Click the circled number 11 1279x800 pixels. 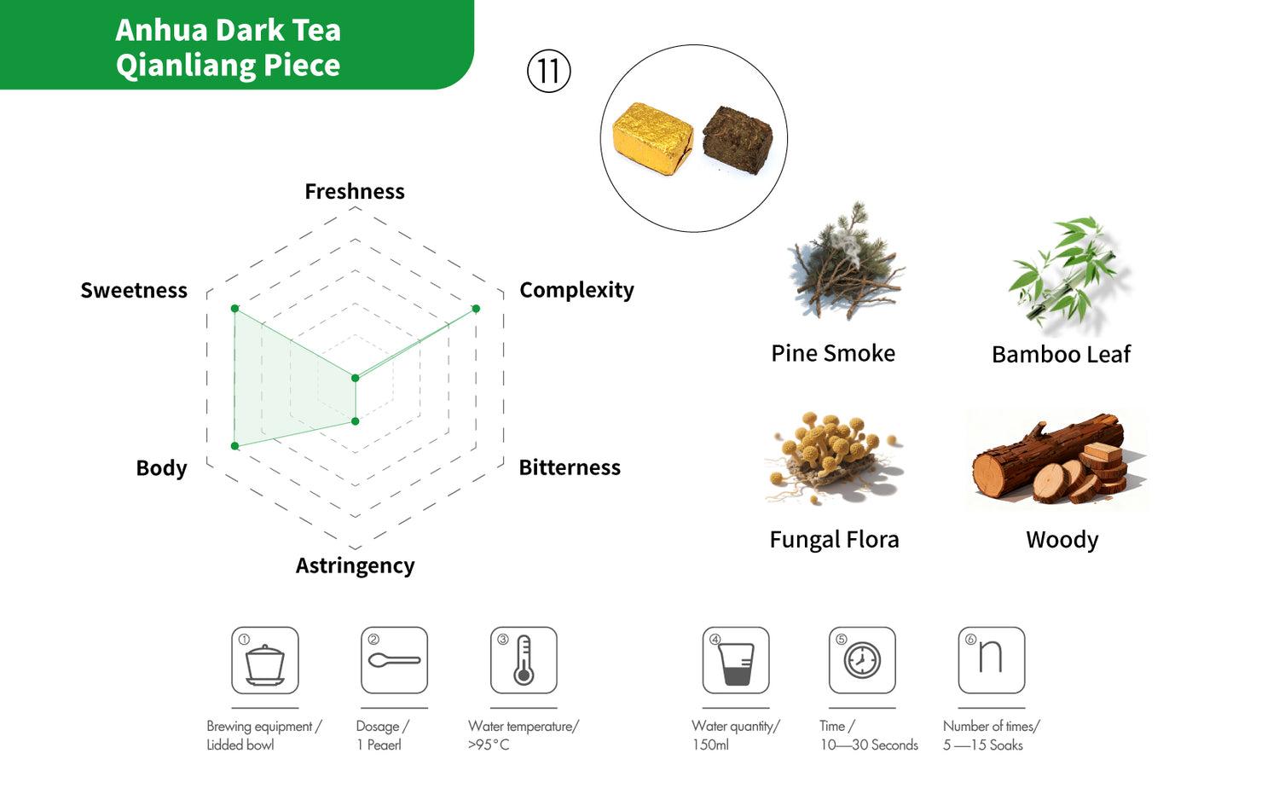pos(549,72)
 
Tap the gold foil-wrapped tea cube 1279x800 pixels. pos(652,138)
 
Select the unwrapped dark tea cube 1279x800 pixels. pos(738,139)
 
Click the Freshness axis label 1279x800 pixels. pos(355,191)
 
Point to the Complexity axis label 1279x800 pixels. pos(576,290)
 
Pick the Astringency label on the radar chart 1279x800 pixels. pos(356,565)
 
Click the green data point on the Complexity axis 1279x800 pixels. pos(476,309)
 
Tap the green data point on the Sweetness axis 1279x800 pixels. pos(234,309)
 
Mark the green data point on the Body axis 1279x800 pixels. pos(234,446)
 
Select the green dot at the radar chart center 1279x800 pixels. pos(356,378)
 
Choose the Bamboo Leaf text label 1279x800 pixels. pos(1061,355)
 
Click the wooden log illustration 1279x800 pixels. pos(1056,459)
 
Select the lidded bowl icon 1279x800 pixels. pos(265,661)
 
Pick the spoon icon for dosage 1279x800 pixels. pos(395,661)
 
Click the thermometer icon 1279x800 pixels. pos(524,661)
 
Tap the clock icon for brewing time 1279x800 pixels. pos(862,661)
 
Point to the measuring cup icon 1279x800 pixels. pos(736,661)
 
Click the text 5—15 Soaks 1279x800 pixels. pos(982,745)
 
